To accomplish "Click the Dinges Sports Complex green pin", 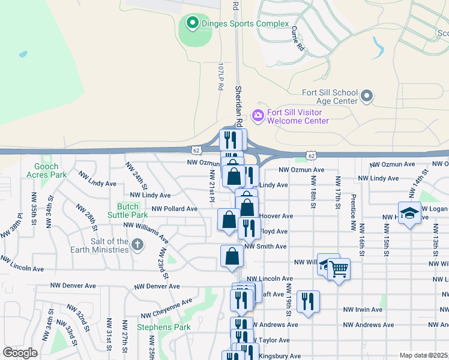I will point(192,24).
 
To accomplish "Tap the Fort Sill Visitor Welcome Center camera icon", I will point(259,115).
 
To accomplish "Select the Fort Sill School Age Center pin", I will point(367,96).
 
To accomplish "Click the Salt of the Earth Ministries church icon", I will point(137,245).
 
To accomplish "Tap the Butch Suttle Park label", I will point(127,210).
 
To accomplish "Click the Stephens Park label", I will point(163,327).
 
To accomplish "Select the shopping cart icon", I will point(339,269).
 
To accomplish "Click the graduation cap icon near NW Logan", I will point(409,214).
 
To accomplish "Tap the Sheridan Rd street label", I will point(238,104).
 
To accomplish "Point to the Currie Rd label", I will point(297,38).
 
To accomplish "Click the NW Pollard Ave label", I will point(175,209).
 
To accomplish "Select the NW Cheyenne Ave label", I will point(167,308).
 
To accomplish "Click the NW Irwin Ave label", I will point(363,310).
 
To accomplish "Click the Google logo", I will point(20,353).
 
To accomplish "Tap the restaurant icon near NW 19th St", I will point(308,301).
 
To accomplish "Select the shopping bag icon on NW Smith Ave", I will point(232,256).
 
